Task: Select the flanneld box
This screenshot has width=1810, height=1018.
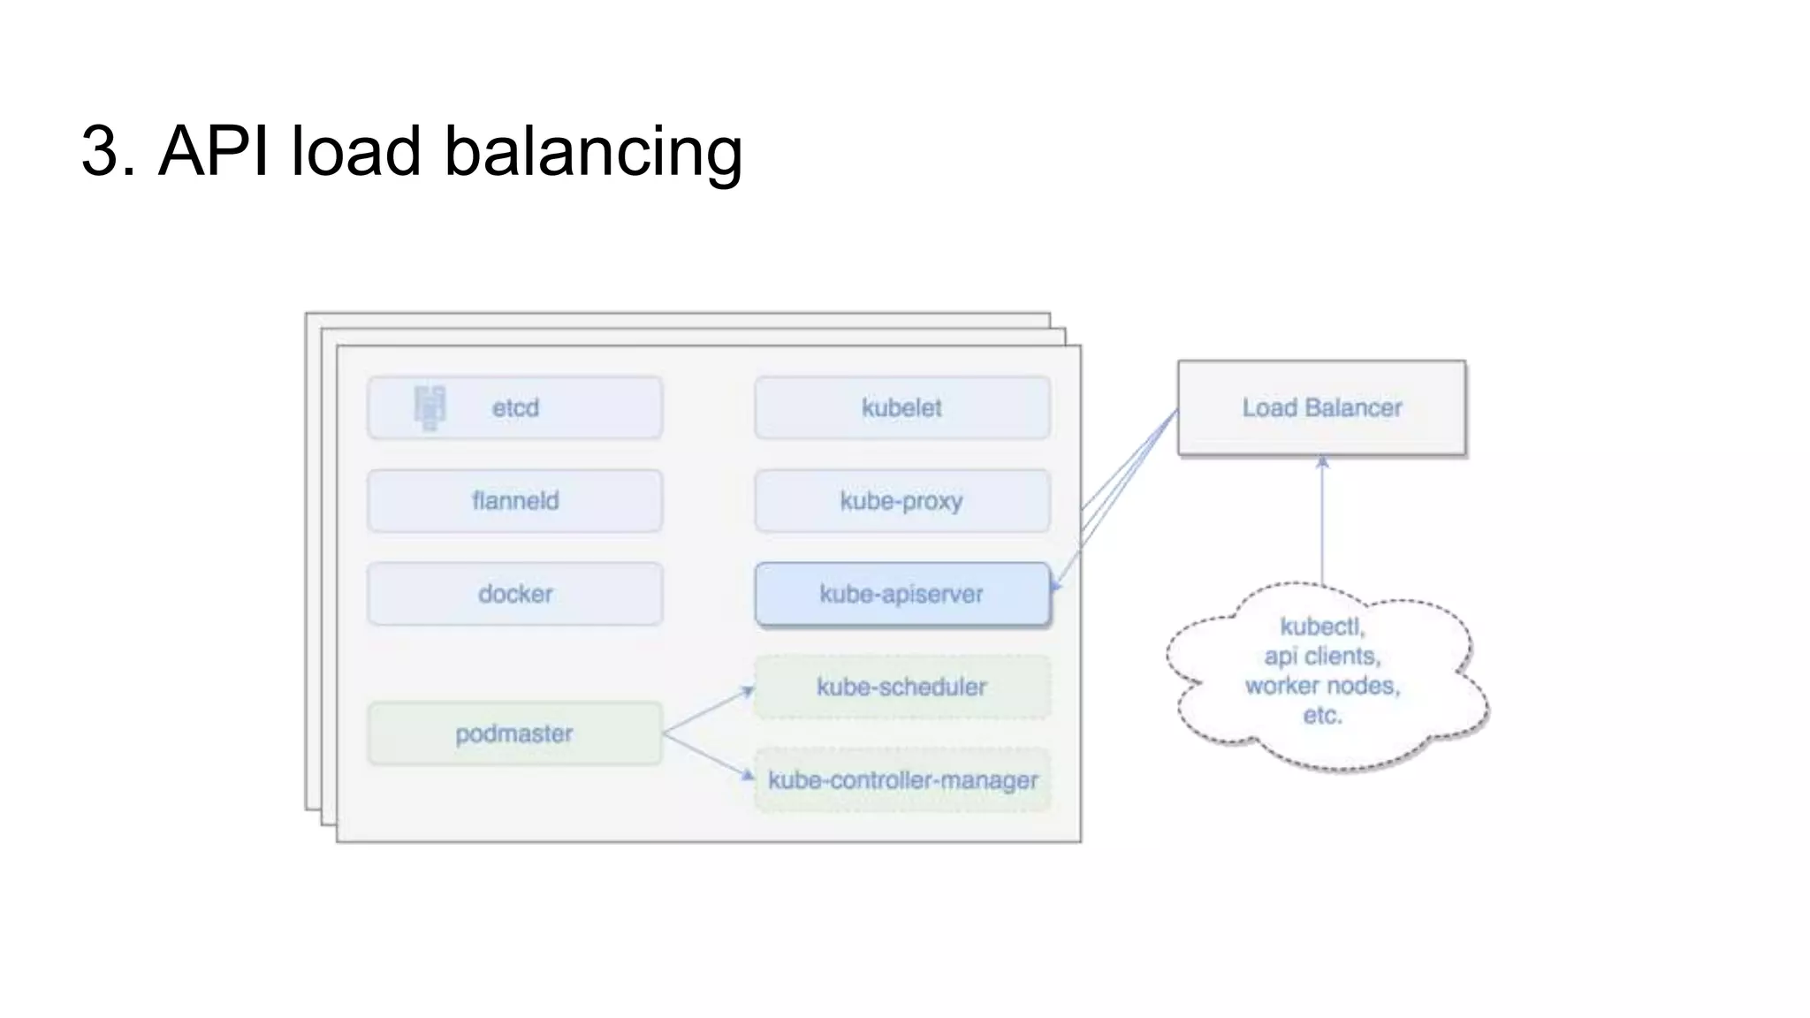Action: (515, 500)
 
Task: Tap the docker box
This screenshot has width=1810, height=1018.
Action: (515, 594)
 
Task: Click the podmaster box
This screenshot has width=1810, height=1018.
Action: (515, 733)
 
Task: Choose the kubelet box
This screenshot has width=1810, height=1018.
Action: (902, 407)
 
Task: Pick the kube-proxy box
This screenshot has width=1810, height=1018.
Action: (902, 500)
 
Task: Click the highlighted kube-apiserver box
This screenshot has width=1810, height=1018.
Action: (902, 594)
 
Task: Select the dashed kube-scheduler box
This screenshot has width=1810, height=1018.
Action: (902, 687)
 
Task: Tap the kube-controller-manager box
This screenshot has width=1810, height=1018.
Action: (902, 780)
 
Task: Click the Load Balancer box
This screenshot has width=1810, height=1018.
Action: (1322, 407)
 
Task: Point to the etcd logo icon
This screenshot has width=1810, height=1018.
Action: (430, 407)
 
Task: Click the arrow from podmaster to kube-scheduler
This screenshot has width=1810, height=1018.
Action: (707, 710)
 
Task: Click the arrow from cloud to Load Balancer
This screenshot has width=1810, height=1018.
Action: (1323, 521)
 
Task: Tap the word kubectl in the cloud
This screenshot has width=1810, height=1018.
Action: (1322, 627)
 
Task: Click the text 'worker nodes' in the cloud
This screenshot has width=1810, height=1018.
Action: (1322, 686)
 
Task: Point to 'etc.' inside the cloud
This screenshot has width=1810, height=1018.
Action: (1322, 715)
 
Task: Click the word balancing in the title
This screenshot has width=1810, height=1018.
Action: (592, 151)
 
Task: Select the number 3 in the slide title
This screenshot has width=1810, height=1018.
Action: (100, 151)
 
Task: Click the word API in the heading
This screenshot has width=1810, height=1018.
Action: (214, 151)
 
